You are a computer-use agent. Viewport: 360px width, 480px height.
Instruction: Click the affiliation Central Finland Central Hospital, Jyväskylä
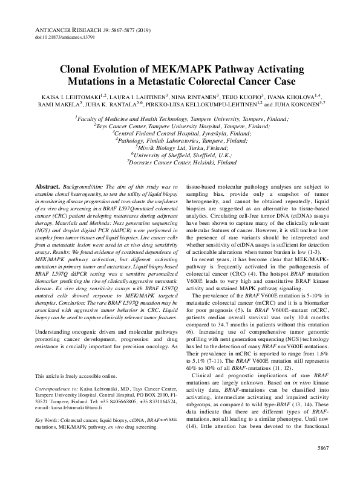click(180, 134)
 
